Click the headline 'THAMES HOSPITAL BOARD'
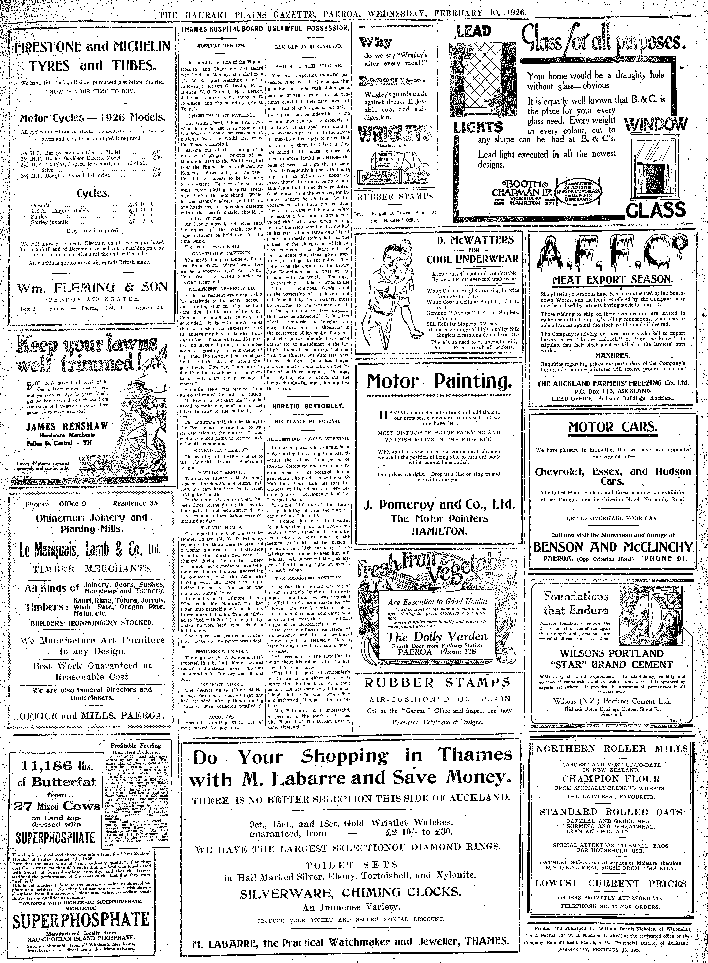click(x=222, y=29)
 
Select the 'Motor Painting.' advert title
click(x=439, y=380)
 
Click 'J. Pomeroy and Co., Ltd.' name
click(x=439, y=504)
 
